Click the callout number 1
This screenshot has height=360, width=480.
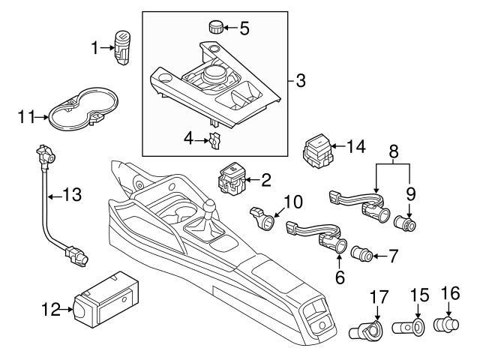click(x=95, y=49)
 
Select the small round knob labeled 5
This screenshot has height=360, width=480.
click(x=217, y=29)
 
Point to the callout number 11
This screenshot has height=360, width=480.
click(x=26, y=116)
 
